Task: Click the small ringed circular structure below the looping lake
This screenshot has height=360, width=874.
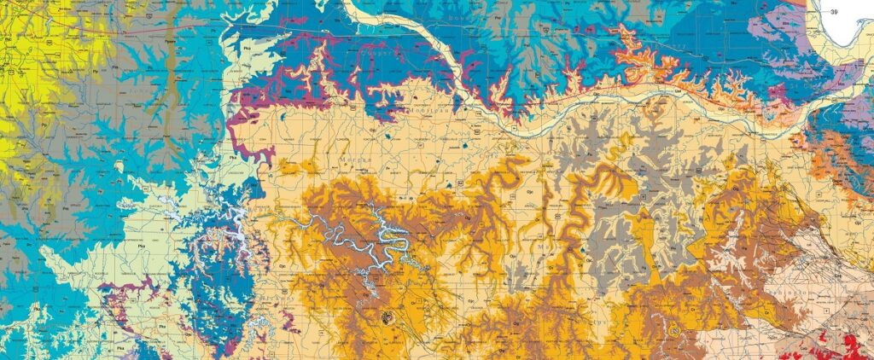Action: (388, 317)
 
